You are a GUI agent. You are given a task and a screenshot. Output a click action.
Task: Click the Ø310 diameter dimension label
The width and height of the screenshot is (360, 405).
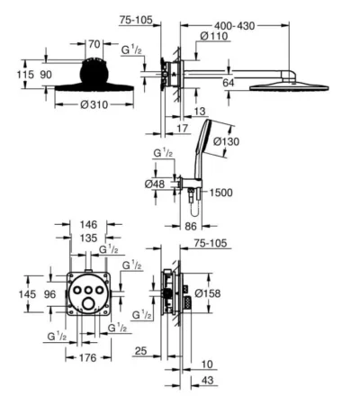click(x=94, y=104)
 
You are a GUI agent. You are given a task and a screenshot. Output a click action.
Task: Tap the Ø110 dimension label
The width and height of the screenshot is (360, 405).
click(x=214, y=36)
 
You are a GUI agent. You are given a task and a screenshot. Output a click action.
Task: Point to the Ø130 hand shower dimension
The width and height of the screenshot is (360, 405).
click(x=227, y=141)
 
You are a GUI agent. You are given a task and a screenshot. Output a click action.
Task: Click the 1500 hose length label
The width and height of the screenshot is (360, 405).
click(x=220, y=193)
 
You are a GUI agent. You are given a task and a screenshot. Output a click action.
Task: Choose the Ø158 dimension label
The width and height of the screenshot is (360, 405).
click(x=208, y=293)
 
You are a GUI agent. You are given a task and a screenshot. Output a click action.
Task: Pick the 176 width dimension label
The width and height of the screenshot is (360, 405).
click(x=88, y=357)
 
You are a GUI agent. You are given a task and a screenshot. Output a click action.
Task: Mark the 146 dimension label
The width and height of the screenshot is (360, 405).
click(x=88, y=224)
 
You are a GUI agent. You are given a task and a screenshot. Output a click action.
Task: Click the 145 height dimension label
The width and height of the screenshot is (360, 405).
click(x=27, y=294)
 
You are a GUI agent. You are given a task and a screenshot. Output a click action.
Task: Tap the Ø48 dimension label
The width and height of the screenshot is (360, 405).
click(x=155, y=184)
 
